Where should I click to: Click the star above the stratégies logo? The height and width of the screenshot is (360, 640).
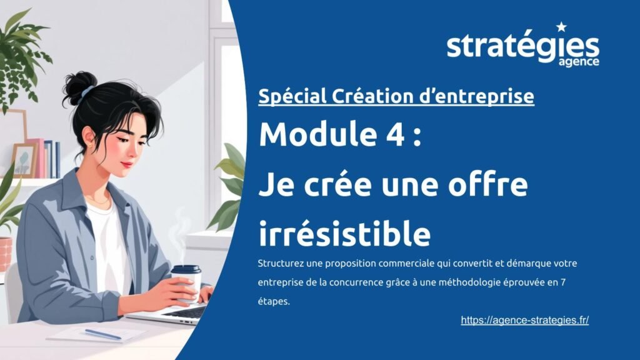[561, 27]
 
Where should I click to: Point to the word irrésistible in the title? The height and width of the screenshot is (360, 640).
[344, 234]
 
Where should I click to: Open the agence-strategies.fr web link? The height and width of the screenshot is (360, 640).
[524, 320]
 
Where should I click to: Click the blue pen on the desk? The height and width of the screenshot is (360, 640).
[103, 334]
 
